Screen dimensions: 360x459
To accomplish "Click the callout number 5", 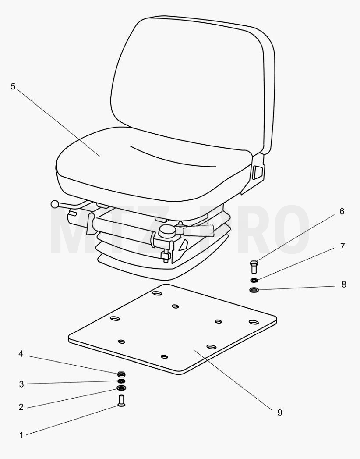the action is [x=13, y=87].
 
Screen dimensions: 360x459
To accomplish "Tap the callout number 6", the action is [x=342, y=211].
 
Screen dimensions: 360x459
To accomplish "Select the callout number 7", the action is [x=342, y=247].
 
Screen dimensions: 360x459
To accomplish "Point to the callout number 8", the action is [x=344, y=284].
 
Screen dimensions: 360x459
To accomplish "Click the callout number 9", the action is [x=279, y=413].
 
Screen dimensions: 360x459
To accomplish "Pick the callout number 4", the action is [x=21, y=354].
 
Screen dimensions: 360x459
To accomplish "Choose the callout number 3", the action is [x=21, y=384].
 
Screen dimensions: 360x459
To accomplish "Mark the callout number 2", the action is [x=21, y=407].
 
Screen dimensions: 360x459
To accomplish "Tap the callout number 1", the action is [x=21, y=435].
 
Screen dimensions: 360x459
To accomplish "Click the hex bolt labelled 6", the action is [x=254, y=267].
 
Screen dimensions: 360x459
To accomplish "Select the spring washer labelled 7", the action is [x=254, y=281].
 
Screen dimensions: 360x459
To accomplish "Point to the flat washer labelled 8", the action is [x=254, y=290].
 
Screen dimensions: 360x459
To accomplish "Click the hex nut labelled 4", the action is [x=121, y=374].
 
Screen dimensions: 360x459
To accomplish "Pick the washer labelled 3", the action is [x=121, y=381].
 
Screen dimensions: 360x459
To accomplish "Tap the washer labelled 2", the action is [x=121, y=388].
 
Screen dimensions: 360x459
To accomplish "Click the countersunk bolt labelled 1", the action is [x=121, y=401].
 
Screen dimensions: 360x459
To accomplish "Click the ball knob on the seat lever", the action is [x=55, y=204].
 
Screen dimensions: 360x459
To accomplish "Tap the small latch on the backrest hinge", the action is [x=258, y=172].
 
